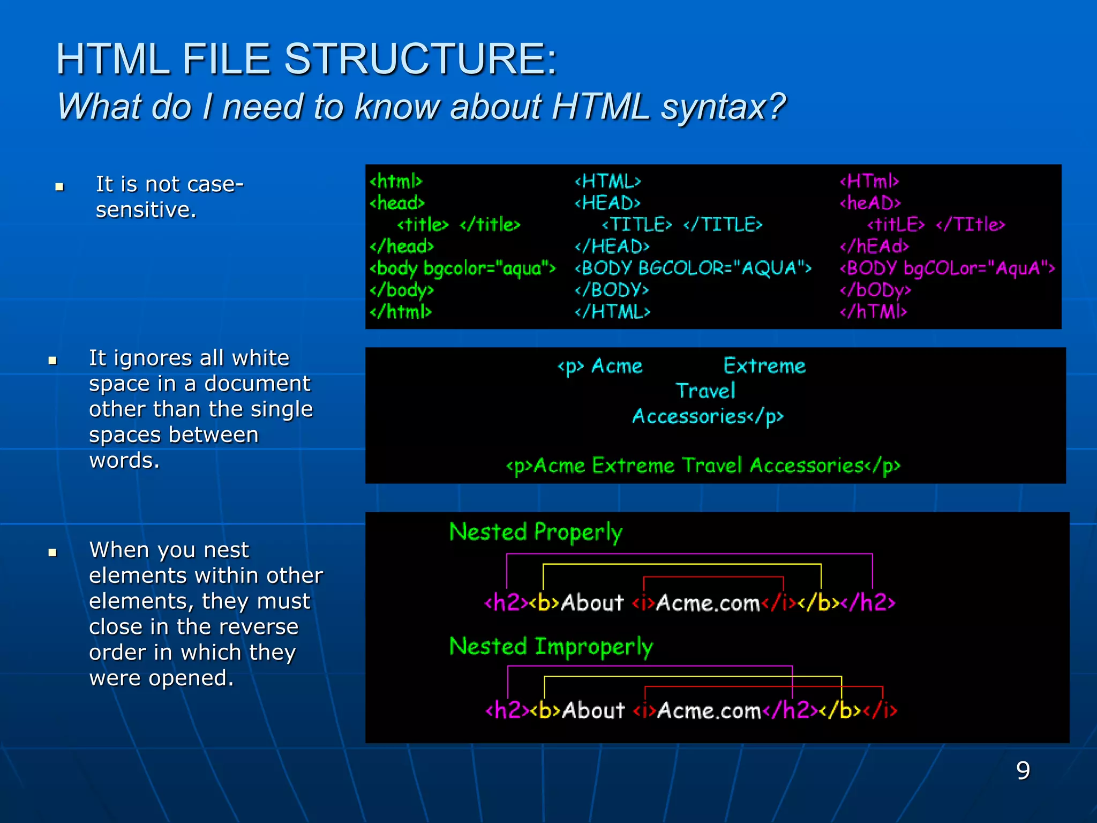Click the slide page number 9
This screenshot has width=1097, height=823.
[x=1023, y=770]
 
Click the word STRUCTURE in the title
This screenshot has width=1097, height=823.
[x=420, y=59]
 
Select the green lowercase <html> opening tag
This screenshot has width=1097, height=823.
[x=396, y=181]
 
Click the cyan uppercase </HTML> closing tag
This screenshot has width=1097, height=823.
[x=612, y=311]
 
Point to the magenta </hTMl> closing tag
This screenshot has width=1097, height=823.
[x=873, y=311]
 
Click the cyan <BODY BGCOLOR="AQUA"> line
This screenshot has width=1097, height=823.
[x=693, y=268]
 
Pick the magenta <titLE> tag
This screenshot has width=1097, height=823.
[x=896, y=225]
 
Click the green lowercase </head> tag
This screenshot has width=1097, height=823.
[x=401, y=246]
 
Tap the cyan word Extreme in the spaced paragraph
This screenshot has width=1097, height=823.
[x=764, y=366]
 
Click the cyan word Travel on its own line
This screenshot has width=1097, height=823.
[x=705, y=391]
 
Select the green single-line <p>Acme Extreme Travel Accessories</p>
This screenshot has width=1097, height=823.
[x=703, y=466]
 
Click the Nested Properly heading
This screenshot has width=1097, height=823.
[x=536, y=532]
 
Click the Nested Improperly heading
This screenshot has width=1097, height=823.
[x=551, y=646]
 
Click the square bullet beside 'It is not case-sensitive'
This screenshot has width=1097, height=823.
[x=59, y=187]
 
